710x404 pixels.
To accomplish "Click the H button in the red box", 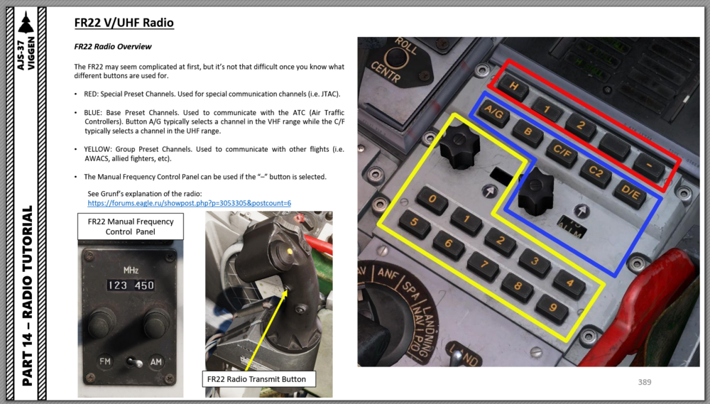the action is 513,87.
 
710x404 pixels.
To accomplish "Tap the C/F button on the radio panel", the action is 562,152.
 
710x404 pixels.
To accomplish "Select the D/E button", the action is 630,192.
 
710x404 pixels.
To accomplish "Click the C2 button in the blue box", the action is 596,173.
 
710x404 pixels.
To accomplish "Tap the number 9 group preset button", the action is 552,308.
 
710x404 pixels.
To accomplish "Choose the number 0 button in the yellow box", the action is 432,200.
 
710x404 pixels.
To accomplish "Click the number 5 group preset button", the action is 415,223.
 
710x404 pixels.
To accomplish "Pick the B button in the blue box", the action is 528,132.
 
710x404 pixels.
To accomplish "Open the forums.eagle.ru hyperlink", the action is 190,203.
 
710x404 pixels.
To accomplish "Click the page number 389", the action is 645,382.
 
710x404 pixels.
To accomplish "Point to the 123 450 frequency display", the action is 131,285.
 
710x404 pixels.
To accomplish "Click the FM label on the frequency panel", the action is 105,361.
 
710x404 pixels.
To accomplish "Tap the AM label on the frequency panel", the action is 155,361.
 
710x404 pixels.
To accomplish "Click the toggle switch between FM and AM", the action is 133,362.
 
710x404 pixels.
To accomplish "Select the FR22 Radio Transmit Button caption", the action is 256,379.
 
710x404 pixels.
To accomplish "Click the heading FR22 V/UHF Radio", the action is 124,23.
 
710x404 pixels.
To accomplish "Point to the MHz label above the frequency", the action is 131,271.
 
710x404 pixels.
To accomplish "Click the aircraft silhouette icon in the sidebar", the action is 26,23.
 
